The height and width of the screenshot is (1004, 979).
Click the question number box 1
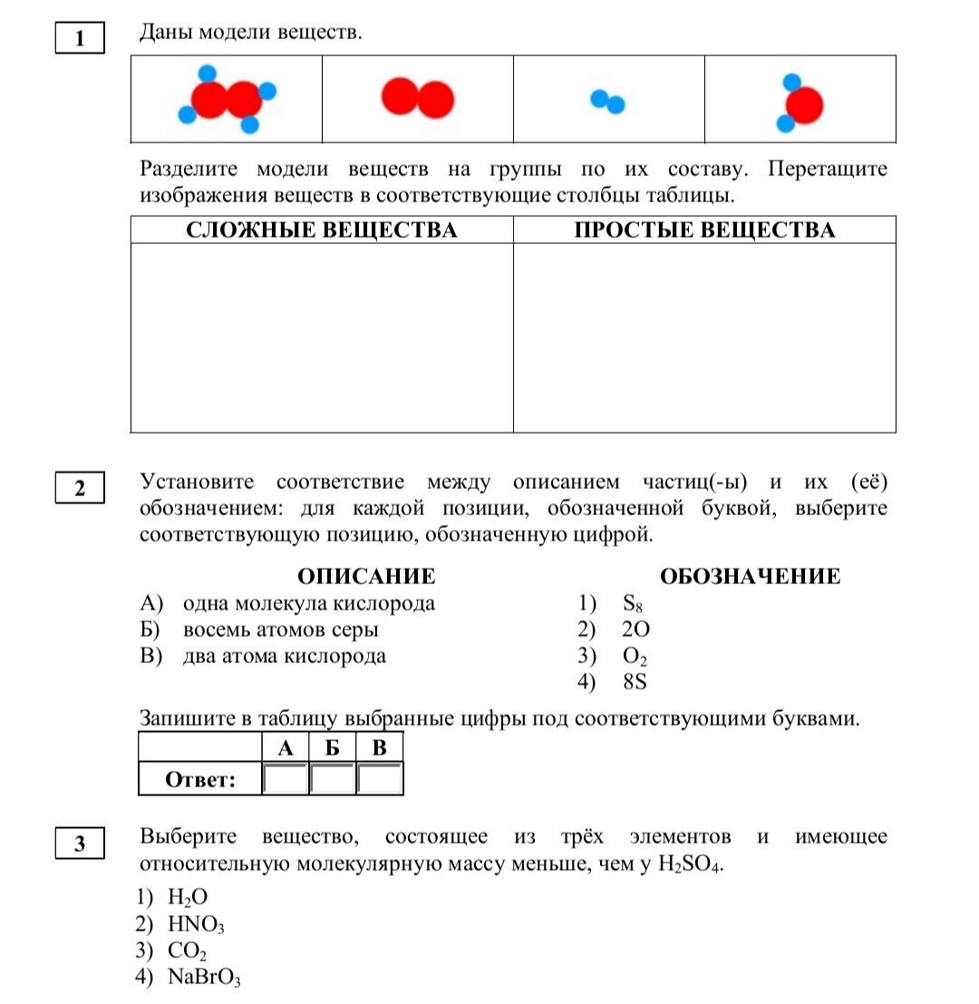pos(80,39)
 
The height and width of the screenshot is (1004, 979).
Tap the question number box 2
pos(80,488)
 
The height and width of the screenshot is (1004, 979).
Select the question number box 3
pos(80,844)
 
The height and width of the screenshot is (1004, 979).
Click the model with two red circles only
pos(417,99)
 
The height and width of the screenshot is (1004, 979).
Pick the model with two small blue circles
pos(607,101)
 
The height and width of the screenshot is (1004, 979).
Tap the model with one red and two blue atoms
pos(800,103)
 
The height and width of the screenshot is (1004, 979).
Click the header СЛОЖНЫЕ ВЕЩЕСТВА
pos(322,230)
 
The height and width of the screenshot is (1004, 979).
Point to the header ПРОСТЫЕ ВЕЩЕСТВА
pos(704,230)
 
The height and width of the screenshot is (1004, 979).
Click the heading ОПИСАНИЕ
pos(366,577)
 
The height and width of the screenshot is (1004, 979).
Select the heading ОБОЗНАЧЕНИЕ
pos(750,577)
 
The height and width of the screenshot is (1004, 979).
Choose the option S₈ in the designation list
pos(633,604)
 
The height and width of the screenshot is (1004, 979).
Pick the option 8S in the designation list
pos(635,682)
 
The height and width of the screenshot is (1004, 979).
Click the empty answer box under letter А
pos(286,779)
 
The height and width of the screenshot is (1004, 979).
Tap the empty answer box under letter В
pos(380,779)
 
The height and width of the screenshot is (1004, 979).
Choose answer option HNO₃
pos(196,925)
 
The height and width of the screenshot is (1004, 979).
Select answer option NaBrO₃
pos(204,978)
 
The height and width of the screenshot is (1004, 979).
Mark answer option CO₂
pos(188,951)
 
